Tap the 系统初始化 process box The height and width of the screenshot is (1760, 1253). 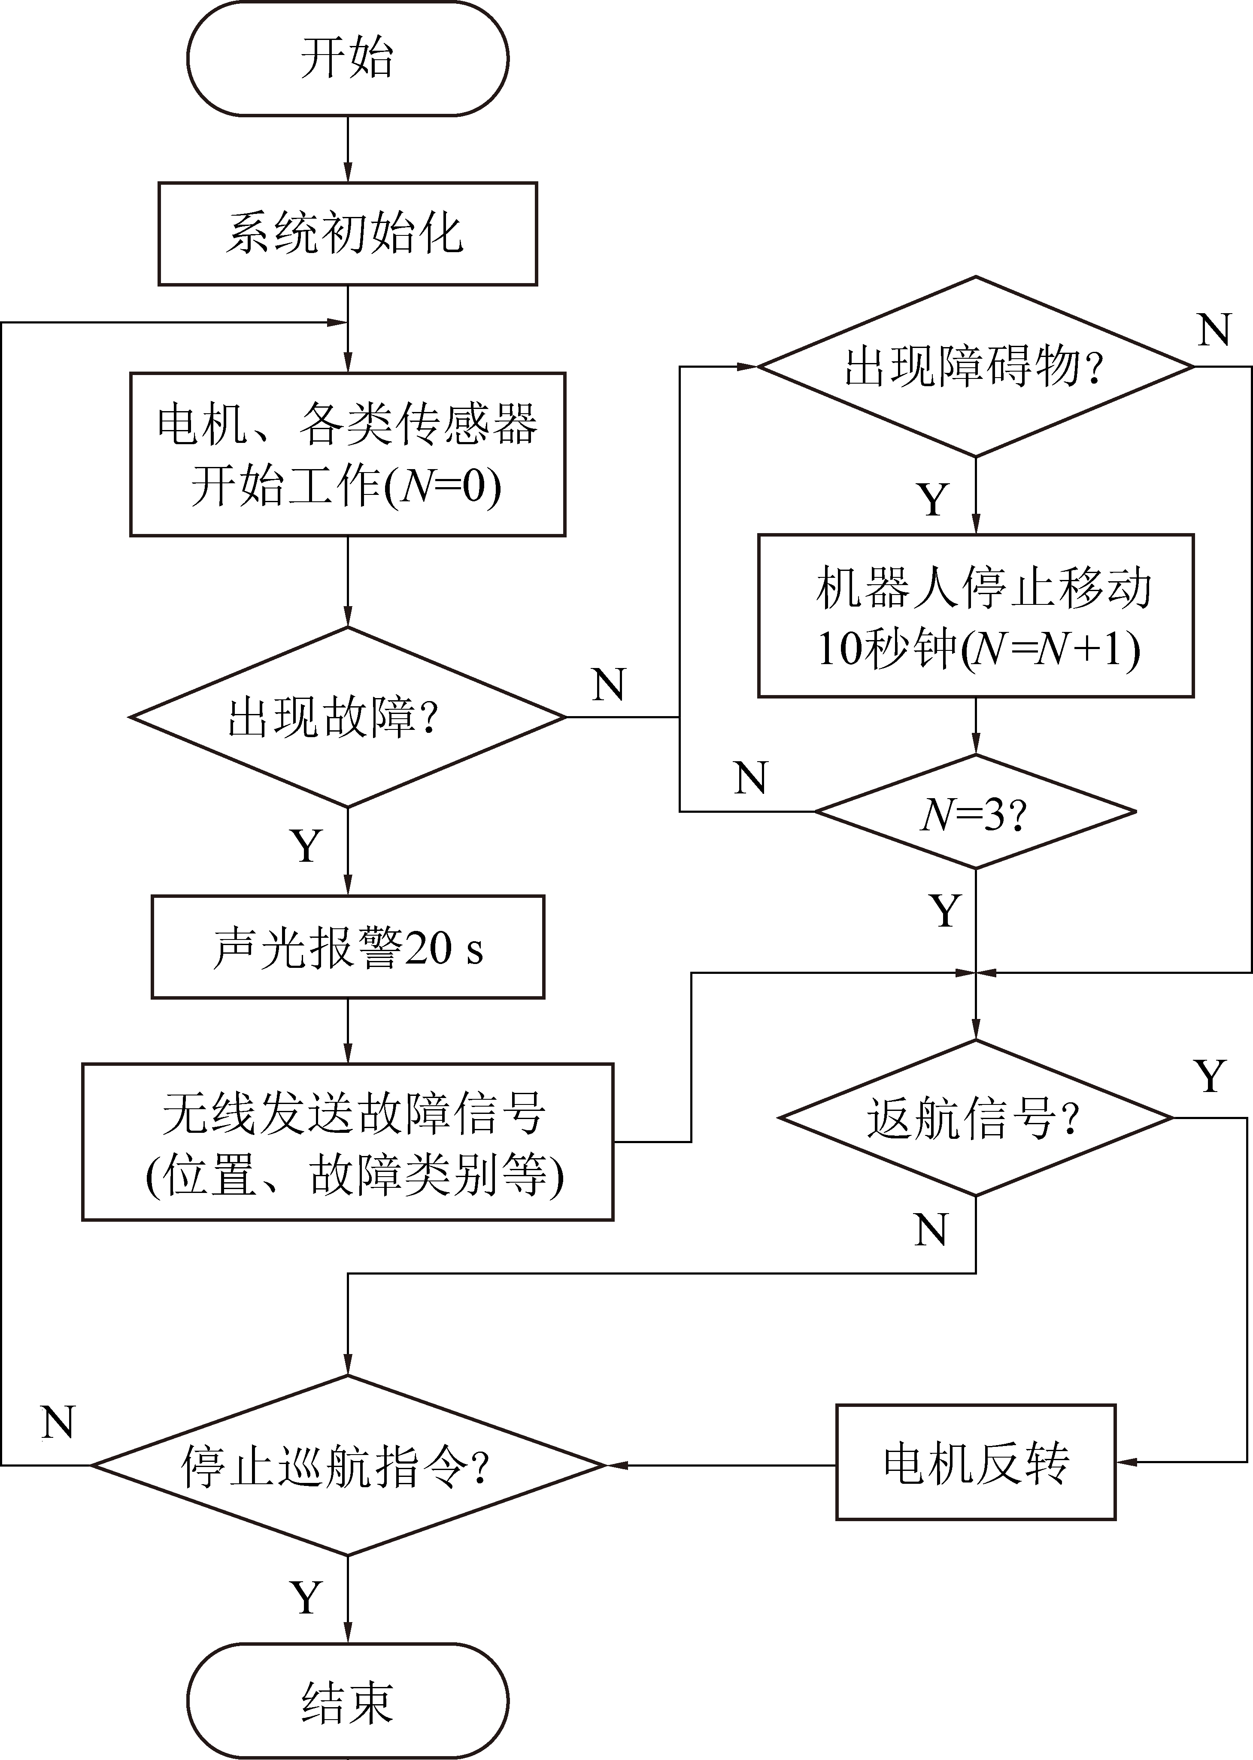click(x=347, y=233)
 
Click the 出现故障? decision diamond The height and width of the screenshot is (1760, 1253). click(x=347, y=717)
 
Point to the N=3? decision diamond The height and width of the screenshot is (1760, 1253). click(x=975, y=812)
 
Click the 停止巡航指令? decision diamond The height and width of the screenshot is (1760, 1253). click(x=347, y=1464)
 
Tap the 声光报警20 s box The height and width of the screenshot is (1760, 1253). click(x=347, y=947)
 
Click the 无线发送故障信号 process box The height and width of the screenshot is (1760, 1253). click(x=347, y=1142)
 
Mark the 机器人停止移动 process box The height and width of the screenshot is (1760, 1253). click(x=975, y=615)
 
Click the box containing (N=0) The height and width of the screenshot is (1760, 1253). click(x=347, y=454)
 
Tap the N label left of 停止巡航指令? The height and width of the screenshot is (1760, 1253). click(x=58, y=1422)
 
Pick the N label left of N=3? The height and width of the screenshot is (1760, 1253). click(x=751, y=778)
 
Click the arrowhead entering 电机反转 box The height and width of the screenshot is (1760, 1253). click(x=1125, y=1462)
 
